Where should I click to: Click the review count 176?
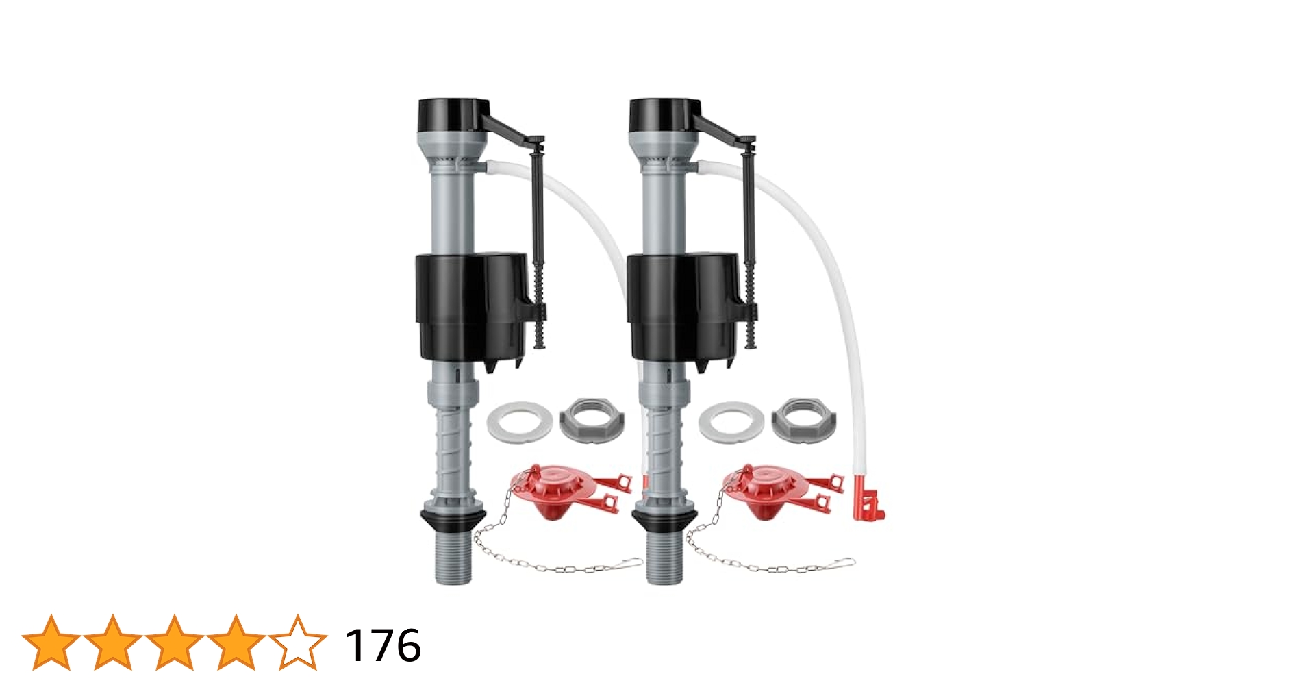383,645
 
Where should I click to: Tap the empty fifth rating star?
298,643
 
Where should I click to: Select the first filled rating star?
51,643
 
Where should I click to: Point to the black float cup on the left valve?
473,308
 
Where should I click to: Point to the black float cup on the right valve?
684,308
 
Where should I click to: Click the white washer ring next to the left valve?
520,421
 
